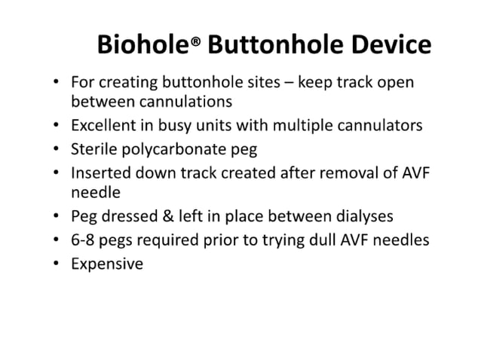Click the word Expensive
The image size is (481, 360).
(106, 264)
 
